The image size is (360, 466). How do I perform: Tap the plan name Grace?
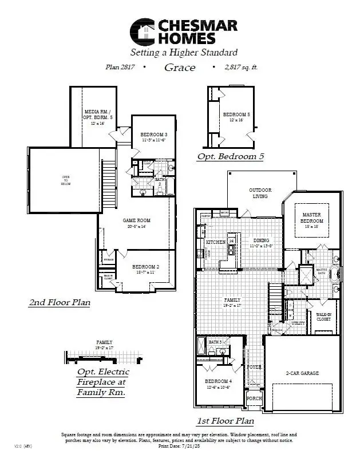pyautogui.click(x=180, y=68)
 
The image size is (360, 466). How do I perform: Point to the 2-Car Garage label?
pyautogui.click(x=302, y=373)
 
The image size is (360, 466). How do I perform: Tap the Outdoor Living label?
pyautogui.click(x=260, y=193)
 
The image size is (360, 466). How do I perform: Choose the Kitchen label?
pyautogui.click(x=215, y=242)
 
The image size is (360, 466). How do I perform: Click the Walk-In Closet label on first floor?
pyautogui.click(x=323, y=317)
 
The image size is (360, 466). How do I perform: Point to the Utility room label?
pyautogui.click(x=298, y=323)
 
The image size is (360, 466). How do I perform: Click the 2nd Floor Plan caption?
pyautogui.click(x=59, y=302)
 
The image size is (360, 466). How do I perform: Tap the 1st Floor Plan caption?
pyautogui.click(x=225, y=421)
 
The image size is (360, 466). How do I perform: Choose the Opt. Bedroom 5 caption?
pyautogui.click(x=230, y=156)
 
